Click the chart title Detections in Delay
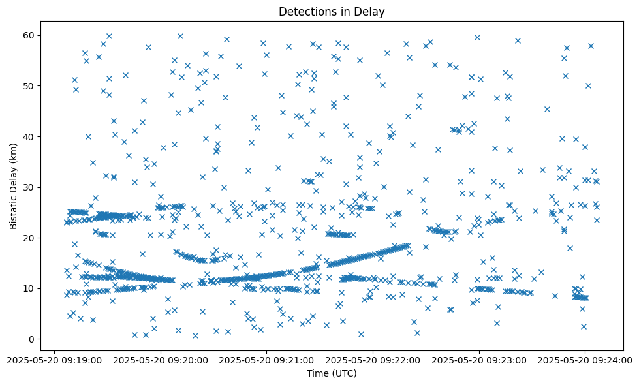click(332, 12)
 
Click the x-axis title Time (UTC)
click(332, 373)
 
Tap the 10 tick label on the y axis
click(28, 288)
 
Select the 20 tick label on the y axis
click(28, 238)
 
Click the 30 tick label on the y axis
click(28, 187)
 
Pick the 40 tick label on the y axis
click(28, 136)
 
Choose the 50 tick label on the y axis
click(28, 86)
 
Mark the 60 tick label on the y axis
click(28, 35)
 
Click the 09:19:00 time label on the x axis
click(54, 359)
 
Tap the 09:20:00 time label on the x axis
click(161, 359)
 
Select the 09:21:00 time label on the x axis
click(266, 359)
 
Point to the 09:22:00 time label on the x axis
click(373, 359)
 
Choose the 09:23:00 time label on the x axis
click(479, 359)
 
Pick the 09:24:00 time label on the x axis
click(585, 359)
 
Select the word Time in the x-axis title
click(317, 373)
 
